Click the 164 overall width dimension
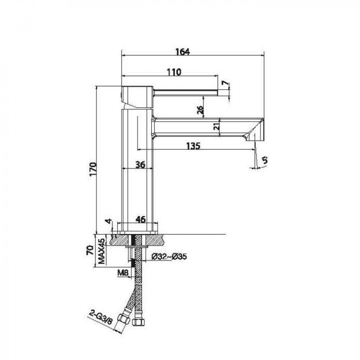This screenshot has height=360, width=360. click(x=183, y=52)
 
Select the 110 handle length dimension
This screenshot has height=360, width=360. click(x=174, y=72)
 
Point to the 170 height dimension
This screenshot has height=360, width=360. click(x=93, y=170)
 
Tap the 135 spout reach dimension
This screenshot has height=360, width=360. click(x=193, y=146)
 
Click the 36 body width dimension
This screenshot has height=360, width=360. click(x=140, y=165)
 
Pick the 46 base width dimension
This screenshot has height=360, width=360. click(x=140, y=220)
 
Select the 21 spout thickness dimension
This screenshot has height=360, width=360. click(x=216, y=126)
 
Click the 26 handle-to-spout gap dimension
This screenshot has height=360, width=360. click(x=200, y=110)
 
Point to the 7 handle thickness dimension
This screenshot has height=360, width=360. click(x=225, y=84)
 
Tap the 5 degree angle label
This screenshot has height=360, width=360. click(x=265, y=160)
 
